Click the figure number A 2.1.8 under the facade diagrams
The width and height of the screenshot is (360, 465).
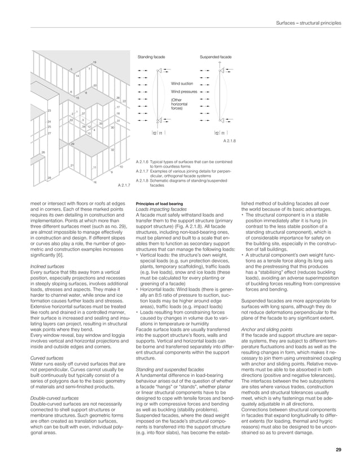(230, 141)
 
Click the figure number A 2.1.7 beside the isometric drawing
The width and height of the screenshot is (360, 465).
(124, 185)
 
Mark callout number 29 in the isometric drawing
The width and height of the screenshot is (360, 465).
(72, 145)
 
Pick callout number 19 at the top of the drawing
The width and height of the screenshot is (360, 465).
(94, 61)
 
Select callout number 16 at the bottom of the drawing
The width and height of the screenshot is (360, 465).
(94, 182)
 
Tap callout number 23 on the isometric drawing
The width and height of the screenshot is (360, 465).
(50, 111)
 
